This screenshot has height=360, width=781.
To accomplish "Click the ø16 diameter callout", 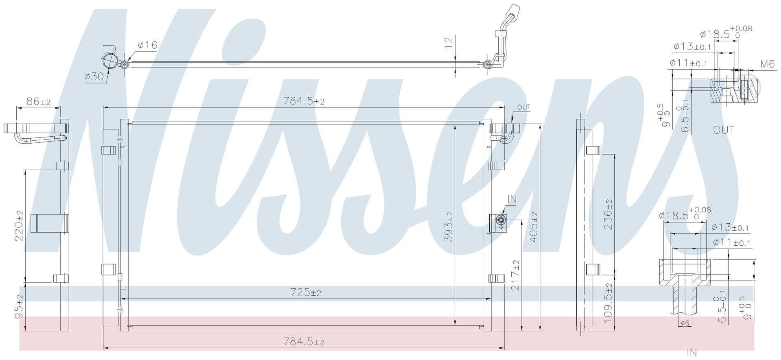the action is (x=148, y=45).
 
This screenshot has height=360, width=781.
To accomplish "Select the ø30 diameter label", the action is (x=94, y=76).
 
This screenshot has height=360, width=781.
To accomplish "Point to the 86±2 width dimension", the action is (x=38, y=101).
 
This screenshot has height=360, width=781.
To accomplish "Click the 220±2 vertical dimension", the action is (x=19, y=226).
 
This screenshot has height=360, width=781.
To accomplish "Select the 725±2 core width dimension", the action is (x=306, y=292).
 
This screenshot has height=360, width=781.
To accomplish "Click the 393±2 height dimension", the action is (x=449, y=227).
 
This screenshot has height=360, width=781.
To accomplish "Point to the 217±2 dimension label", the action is (x=515, y=275).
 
